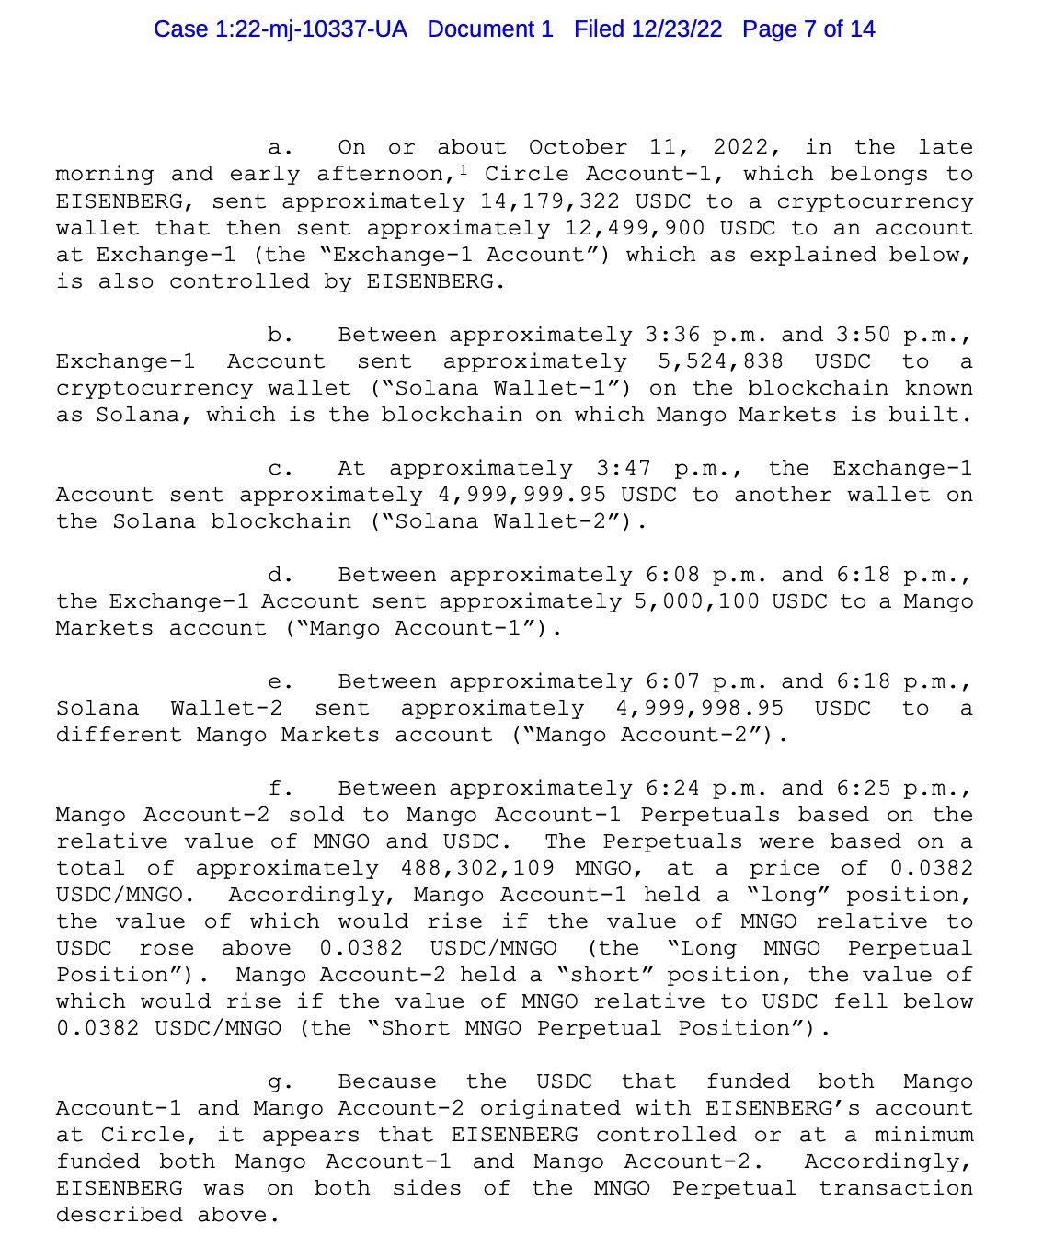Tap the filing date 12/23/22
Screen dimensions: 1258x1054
[676, 29]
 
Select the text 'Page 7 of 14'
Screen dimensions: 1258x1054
[808, 29]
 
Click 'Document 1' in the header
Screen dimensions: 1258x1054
[490, 29]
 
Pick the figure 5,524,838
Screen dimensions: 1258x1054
[720, 361]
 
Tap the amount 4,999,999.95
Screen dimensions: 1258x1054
[521, 495]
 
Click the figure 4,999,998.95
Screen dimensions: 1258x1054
[699, 708]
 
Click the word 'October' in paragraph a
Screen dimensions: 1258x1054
[578, 148]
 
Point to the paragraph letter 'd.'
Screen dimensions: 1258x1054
[281, 576]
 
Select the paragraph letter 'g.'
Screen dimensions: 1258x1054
[281, 1082]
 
